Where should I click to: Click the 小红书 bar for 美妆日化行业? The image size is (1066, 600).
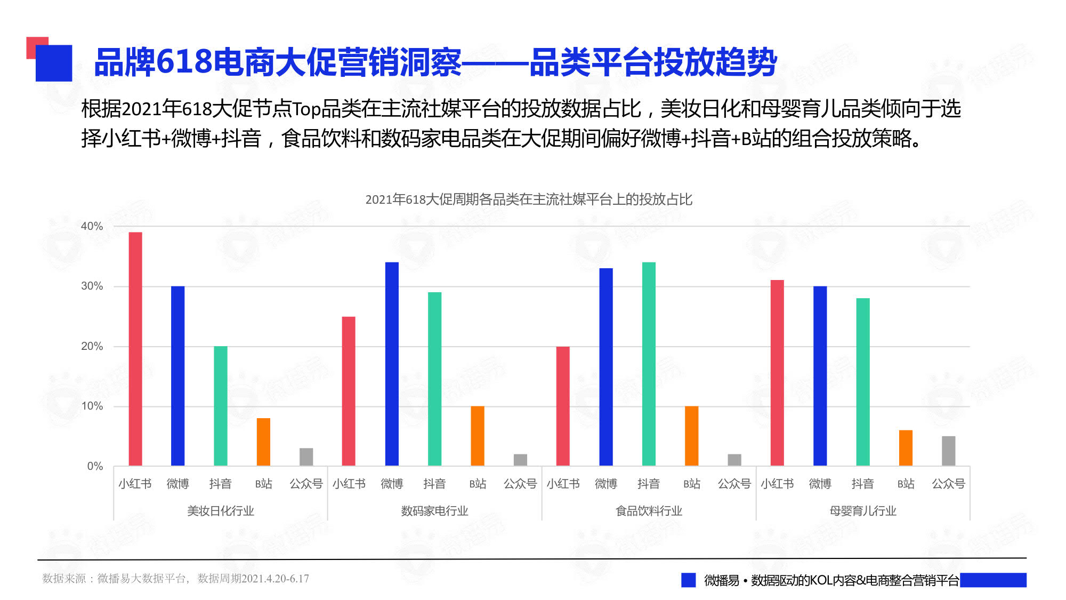pos(135,349)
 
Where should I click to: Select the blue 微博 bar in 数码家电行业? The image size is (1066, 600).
pos(392,364)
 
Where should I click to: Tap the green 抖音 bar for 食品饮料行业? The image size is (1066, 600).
pos(649,364)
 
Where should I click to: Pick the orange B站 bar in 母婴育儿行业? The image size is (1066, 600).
pos(906,448)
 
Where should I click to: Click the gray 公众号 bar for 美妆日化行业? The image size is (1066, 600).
pos(306,457)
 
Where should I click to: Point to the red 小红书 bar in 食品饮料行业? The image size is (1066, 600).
pos(563,406)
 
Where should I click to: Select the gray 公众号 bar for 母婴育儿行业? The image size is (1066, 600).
pos(949,451)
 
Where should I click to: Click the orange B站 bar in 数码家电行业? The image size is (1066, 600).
pos(478,436)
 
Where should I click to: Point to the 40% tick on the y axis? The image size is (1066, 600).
pos(92,226)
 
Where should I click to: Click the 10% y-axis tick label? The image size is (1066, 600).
pos(92,406)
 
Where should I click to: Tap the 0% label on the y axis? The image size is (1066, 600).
pos(95,466)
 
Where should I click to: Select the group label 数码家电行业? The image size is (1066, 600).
pos(434,511)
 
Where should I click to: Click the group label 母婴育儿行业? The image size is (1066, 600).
pos(863,511)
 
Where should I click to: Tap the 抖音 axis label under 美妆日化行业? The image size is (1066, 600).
pos(221,484)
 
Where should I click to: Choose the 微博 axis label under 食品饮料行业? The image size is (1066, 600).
pos(606,484)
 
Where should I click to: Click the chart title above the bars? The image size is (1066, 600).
pos(529,199)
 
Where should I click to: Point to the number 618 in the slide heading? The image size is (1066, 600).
pos(184,61)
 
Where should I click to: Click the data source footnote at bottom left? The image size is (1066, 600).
pos(175,579)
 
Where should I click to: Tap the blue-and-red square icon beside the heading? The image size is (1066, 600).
pos(50,59)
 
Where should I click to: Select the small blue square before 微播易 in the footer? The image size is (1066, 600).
pos(688,580)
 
